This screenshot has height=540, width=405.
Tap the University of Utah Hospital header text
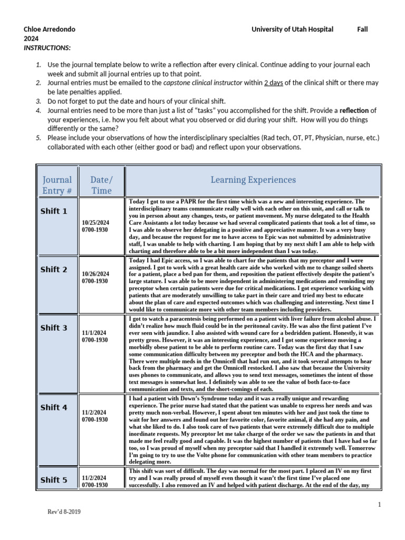(292, 30)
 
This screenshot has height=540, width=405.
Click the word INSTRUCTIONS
(47, 48)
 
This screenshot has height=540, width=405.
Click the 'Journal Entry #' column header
(57, 185)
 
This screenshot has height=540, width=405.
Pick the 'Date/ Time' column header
(101, 185)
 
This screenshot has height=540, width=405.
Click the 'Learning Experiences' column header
(253, 180)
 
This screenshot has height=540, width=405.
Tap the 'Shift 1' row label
(54, 211)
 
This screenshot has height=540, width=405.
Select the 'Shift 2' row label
(54, 269)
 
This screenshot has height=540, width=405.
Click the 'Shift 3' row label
(54, 328)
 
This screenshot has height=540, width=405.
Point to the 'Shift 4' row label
(54, 408)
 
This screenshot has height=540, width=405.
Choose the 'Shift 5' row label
(54, 480)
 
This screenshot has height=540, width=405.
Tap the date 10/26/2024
(95, 274)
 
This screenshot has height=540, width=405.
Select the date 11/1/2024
(94, 333)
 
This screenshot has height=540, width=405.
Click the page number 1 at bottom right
(379, 505)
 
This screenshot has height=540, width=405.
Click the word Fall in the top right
(362, 30)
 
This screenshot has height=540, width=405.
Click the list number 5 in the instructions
(38, 138)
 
